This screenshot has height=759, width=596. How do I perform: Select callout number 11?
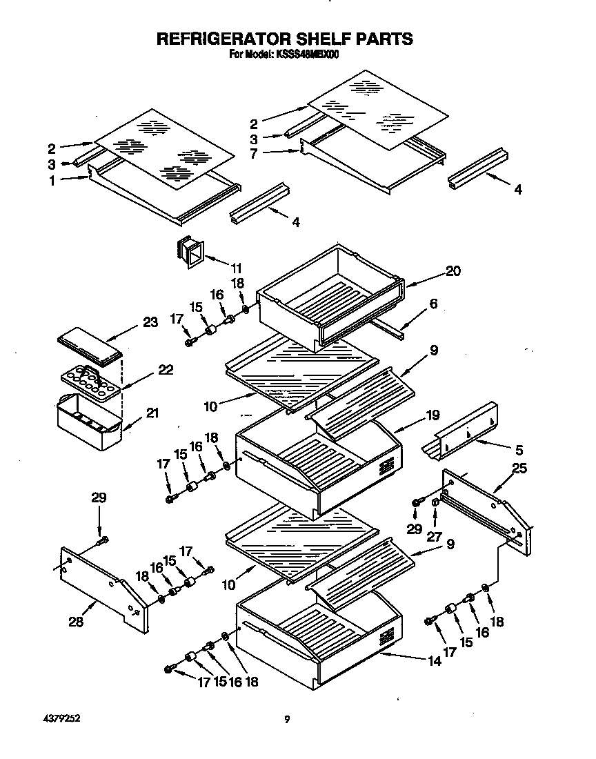(237, 267)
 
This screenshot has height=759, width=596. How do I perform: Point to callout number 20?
(453, 271)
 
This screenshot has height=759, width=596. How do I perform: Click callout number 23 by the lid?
(151, 322)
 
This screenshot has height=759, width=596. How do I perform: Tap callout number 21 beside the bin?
(152, 413)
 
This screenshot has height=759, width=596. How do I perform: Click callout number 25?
(519, 469)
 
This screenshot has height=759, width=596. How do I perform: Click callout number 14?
(434, 661)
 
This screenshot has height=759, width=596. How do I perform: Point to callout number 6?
(433, 304)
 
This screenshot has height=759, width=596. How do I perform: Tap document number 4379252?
(61, 718)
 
